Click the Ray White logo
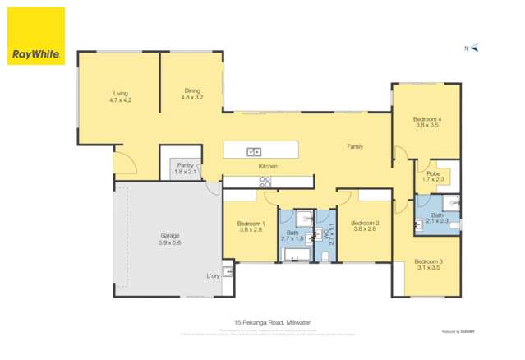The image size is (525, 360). tap(35, 36)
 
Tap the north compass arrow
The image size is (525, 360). tap(475, 48)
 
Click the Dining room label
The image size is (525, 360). tap(191, 94)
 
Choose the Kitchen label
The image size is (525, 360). tap(268, 167)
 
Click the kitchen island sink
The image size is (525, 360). tap(255, 150)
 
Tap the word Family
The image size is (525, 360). tap(355, 147)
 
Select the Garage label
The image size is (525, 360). tap(170, 239)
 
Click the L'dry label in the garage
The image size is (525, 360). tap(213, 275)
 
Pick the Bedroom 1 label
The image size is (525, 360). tap(251, 226)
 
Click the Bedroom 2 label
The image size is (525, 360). tap(364, 226)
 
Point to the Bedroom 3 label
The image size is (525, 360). tap(429, 264)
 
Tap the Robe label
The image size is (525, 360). tap(432, 176)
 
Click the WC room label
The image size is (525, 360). tap(327, 233)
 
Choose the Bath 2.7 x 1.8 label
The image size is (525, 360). tap(293, 235)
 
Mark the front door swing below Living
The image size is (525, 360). tap(124, 164)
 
